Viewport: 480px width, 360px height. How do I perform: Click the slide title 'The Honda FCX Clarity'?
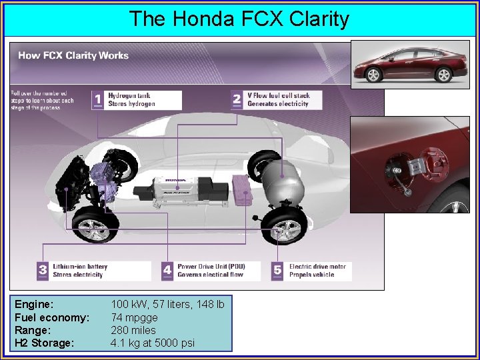point(239,19)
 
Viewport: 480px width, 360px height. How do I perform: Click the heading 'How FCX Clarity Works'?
point(73,55)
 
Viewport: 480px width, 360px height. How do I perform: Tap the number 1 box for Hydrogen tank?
point(98,100)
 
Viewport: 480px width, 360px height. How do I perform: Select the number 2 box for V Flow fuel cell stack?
point(237,100)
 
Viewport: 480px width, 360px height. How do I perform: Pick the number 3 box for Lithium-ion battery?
point(43,270)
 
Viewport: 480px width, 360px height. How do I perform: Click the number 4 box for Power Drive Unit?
point(167,270)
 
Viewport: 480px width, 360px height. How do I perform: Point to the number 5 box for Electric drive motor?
point(278,270)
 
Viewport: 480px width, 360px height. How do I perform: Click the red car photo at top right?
point(409,65)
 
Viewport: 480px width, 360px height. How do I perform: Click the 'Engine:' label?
point(35,305)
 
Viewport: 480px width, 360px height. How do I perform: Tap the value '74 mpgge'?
point(135,317)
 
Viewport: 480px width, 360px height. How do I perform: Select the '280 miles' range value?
point(133,330)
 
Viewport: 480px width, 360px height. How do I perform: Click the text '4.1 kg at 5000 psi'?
point(153,343)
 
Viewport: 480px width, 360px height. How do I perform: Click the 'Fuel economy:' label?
point(52,317)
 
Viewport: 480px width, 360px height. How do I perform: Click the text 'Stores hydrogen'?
point(131,104)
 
